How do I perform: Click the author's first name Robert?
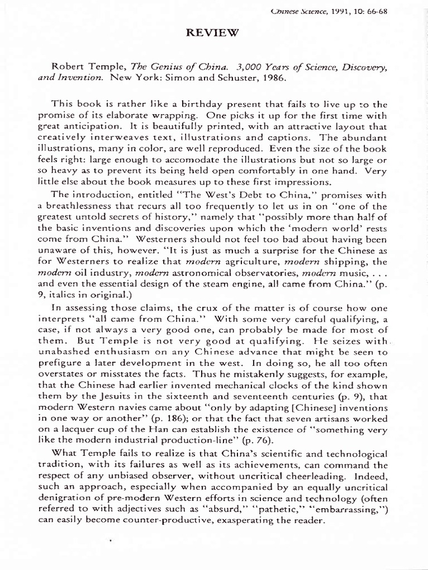(x=68, y=67)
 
